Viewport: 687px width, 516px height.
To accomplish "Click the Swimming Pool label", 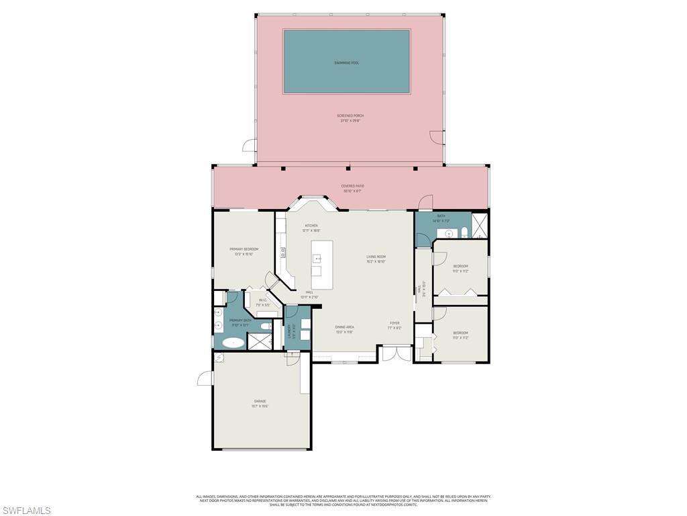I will point(346,62).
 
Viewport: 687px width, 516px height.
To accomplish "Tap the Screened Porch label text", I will point(350,118).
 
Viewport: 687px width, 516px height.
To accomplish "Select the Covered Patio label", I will point(353,188).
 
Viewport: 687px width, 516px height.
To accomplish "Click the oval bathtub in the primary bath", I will point(233,342).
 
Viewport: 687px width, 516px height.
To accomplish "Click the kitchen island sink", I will point(317,257).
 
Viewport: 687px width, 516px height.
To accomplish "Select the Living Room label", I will point(376,259).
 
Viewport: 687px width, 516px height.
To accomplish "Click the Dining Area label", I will point(344,329).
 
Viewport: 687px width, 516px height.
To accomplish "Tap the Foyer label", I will point(395,325).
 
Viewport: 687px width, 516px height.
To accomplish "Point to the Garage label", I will point(260,403).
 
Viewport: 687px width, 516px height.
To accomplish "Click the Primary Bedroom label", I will point(244,251).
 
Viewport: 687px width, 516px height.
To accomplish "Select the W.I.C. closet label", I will point(264,302).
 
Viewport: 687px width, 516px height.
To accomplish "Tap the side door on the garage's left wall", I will point(205,378).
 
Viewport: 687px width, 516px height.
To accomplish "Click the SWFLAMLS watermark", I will point(25,511).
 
